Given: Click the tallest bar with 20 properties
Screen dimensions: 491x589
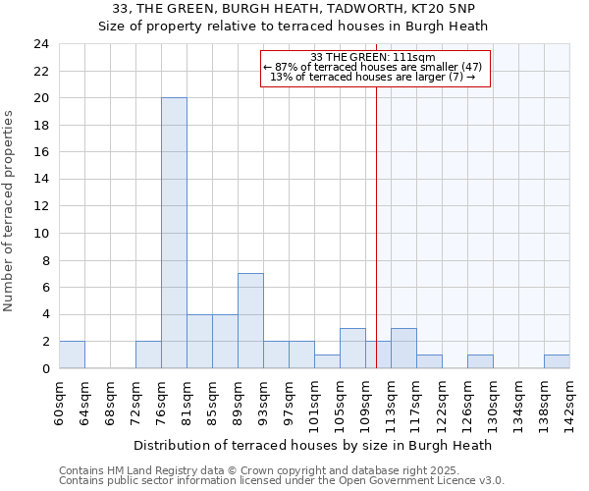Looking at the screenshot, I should [174, 233].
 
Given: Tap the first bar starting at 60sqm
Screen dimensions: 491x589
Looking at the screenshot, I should [72, 355].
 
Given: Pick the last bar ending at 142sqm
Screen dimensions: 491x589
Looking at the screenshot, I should [557, 361].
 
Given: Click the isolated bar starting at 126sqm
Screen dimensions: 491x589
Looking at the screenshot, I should [480, 361].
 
